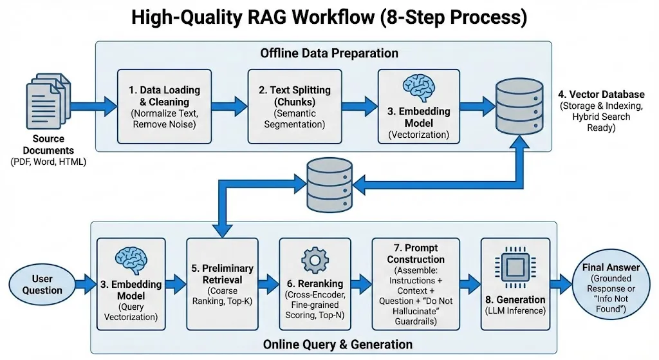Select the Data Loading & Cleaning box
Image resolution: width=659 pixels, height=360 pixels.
pos(164,106)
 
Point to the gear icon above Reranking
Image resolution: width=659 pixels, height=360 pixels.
pos(315,260)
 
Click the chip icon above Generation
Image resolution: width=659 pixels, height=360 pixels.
pos(515,267)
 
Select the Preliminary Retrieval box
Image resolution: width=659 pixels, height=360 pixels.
pos(222,283)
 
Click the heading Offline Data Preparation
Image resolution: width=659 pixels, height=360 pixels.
pos(329,53)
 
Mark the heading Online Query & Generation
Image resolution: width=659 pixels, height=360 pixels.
pos(329,345)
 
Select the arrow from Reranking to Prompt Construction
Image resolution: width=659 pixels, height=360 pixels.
pos(361,283)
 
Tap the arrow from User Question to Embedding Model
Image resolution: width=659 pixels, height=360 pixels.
pos(84,283)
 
